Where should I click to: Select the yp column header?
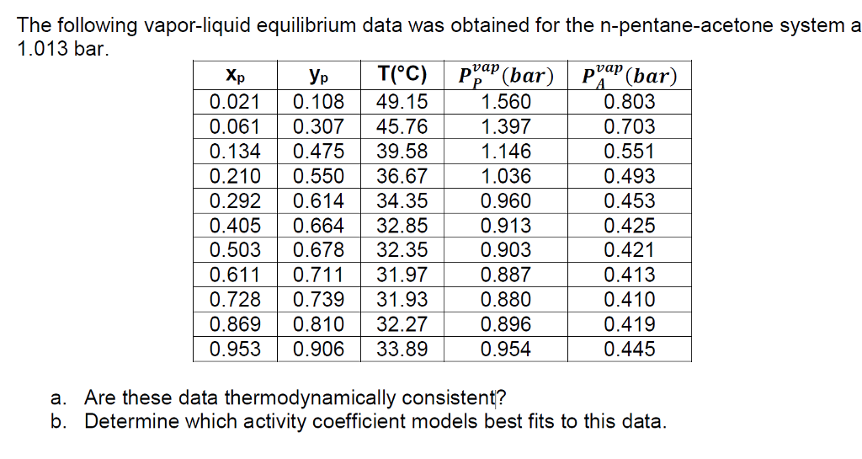318,77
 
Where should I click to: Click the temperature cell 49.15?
402,102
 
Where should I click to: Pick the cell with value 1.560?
506,102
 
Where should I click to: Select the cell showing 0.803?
630,102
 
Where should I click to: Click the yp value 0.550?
318,176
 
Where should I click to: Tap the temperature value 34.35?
402,200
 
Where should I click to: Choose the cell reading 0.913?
506,226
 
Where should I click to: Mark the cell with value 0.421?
630,250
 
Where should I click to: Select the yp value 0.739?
318,299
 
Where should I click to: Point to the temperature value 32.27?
402,324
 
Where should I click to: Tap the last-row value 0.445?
630,349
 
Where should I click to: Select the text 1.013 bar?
61,49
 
